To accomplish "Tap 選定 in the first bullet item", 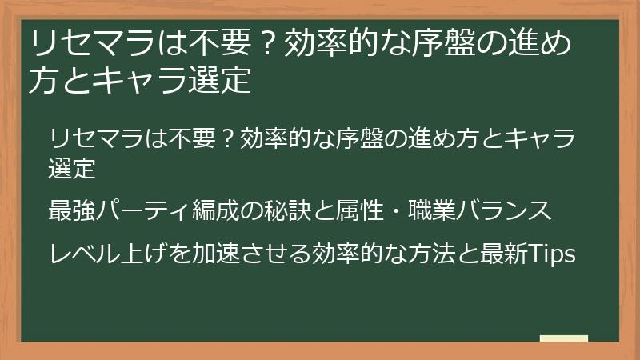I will click(72, 168).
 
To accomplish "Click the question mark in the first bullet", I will click(226, 138).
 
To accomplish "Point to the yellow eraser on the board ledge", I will click(564, 338).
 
